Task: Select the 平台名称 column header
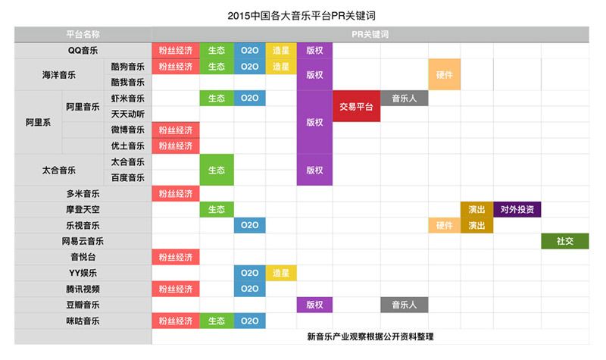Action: pos(83,34)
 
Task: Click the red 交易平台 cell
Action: pos(356,107)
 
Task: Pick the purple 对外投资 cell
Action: pos(517,209)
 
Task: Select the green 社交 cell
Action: pos(564,241)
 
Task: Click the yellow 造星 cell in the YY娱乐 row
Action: pos(280,273)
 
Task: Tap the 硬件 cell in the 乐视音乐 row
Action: pos(444,225)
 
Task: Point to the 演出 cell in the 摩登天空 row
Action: pos(476,209)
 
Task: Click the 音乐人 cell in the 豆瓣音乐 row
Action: pos(404,305)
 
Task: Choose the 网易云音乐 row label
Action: pos(83,241)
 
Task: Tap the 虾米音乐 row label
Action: pos(127,99)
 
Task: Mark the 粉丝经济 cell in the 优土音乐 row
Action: pos(176,146)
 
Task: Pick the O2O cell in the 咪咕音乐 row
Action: pos(249,321)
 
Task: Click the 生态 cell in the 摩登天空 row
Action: pos(217,209)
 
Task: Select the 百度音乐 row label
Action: pos(127,177)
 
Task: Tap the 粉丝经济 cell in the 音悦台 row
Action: pos(176,257)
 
